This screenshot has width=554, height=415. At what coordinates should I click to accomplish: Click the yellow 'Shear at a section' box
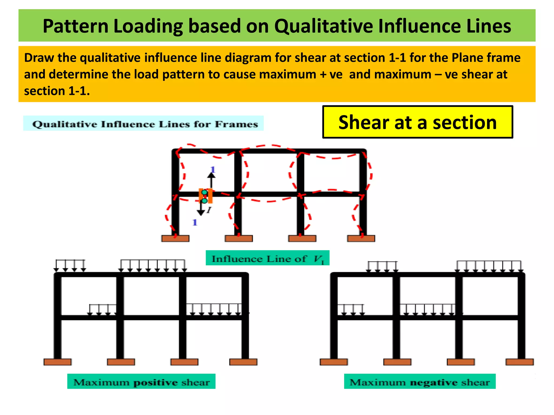pos(417,122)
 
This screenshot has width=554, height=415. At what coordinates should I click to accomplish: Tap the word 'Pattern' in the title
pos(75,26)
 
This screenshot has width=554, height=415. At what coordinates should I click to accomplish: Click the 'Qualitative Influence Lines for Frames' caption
pos(145,124)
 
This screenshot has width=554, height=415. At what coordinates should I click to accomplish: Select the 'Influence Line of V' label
pos(267,259)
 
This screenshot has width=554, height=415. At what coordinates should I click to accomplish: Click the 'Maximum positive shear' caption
pos(141,382)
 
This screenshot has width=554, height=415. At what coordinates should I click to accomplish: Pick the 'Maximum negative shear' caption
pos(420,382)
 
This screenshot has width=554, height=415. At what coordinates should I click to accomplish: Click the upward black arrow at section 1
pos(212,180)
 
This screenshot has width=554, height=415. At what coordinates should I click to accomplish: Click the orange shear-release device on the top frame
pos(206,196)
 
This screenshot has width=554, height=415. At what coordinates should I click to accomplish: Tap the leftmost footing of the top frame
pos(175,238)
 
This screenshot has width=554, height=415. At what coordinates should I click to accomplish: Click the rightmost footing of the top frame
pos(361,238)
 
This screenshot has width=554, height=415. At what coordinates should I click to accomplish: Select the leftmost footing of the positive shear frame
pos(57,362)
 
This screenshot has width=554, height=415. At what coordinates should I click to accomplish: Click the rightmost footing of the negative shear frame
pos(520,362)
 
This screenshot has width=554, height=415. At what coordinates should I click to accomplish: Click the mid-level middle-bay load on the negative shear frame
pos(428,310)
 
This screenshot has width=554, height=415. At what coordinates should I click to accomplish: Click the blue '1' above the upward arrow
pos(213,170)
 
